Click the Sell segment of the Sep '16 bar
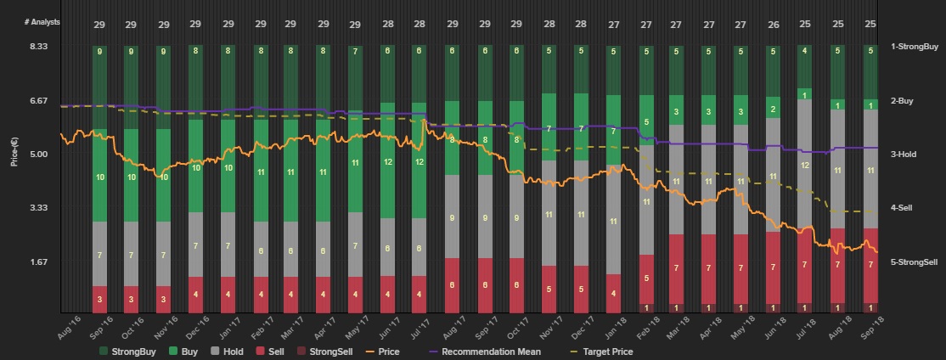point(100,299)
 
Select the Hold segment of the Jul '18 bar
point(805,165)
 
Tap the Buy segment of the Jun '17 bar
point(388,161)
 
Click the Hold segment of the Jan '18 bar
point(613,220)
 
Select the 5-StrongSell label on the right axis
point(913,262)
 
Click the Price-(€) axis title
point(14,149)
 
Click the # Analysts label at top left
point(42,21)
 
